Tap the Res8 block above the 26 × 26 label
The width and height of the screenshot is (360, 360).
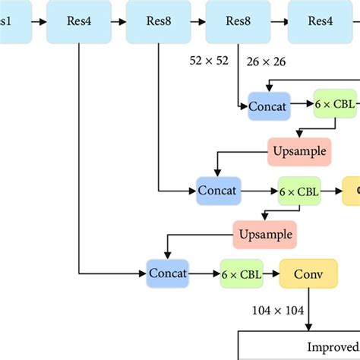click(237, 21)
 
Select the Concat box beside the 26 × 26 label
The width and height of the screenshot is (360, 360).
click(268, 107)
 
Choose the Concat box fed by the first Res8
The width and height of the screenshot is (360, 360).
click(218, 191)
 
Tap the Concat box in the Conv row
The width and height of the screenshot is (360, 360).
click(167, 273)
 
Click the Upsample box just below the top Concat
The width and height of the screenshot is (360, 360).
click(299, 150)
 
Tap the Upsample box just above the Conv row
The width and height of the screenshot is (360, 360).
click(264, 233)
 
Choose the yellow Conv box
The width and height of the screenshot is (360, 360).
click(307, 273)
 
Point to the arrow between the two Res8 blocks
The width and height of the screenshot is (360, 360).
click(196, 21)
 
